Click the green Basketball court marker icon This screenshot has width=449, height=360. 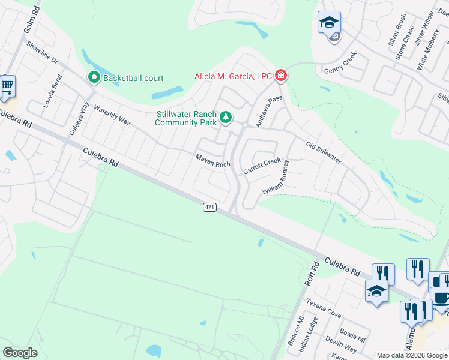[94, 77]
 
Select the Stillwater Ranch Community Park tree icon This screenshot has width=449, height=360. [225, 117]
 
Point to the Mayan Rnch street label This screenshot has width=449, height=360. [213, 161]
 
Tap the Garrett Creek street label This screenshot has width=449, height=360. [262, 166]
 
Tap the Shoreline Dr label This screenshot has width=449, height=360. [41, 52]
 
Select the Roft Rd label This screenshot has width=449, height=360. [312, 274]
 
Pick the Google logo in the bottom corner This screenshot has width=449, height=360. [20, 353]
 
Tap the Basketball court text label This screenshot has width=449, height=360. [133, 78]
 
